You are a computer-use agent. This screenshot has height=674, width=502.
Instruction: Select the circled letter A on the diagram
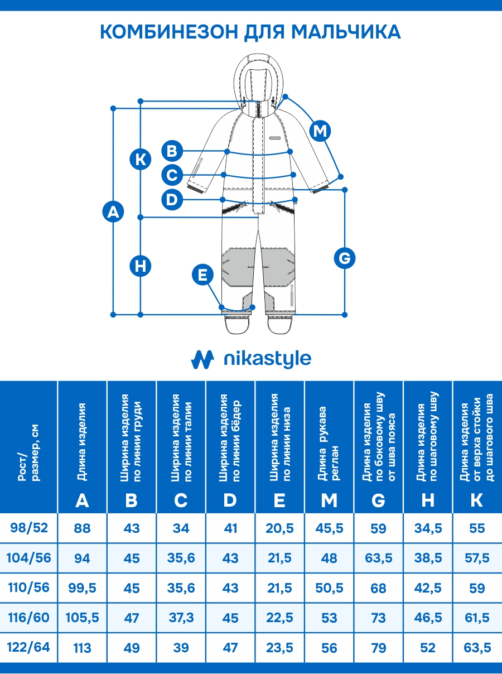113,212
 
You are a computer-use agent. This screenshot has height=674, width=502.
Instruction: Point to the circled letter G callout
345,258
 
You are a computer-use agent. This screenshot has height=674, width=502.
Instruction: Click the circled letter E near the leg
202,275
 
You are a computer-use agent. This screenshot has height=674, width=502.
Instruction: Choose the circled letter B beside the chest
172,151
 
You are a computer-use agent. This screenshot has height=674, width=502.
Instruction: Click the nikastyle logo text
267,359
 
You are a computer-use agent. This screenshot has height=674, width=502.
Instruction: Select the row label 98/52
28,527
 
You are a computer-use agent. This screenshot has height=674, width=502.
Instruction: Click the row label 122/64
28,647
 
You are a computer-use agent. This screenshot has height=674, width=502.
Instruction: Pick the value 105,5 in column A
82,618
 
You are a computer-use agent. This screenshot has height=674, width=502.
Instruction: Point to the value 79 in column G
378,648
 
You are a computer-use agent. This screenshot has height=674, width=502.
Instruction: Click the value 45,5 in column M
329,528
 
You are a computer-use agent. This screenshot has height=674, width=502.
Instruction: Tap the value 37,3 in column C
181,618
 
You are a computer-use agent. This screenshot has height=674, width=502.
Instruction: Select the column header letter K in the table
477,500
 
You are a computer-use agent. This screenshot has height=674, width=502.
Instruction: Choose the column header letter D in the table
230,500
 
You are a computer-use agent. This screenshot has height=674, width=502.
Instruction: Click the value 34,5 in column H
428,528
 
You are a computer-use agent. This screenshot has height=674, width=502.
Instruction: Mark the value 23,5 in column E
279,648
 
